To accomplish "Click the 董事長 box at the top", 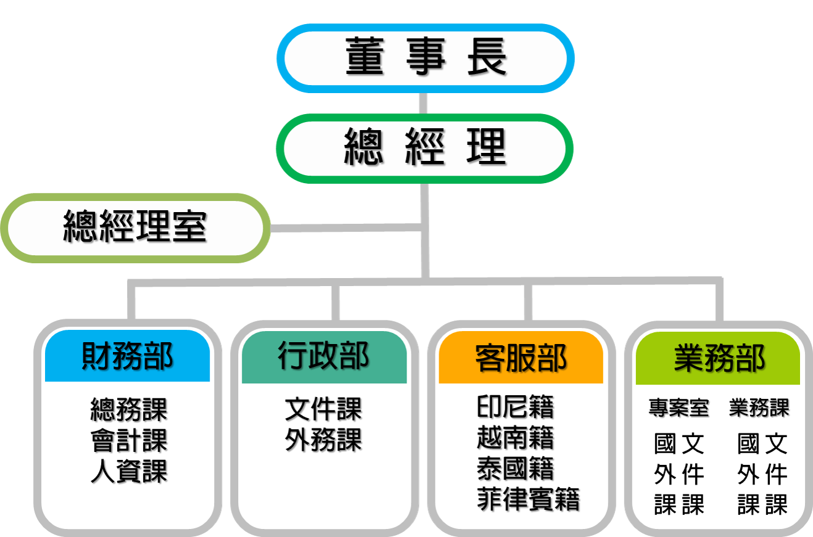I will click(x=425, y=58).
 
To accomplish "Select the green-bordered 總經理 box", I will click(x=425, y=148).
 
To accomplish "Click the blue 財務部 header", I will click(x=128, y=356).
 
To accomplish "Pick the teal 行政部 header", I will click(x=324, y=356).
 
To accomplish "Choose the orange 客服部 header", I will click(x=521, y=358).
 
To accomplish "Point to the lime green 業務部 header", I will click(x=718, y=358).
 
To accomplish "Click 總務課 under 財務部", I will click(x=129, y=409).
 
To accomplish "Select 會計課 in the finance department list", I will click(x=129, y=441).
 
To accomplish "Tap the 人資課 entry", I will click(x=129, y=472).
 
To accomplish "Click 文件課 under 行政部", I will click(x=323, y=409).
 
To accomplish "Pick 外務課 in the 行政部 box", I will click(x=323, y=440).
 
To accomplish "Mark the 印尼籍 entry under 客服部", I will click(x=516, y=407).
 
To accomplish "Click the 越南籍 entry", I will click(x=516, y=438).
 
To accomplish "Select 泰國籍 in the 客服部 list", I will click(x=516, y=469).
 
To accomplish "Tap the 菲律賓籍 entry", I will click(x=529, y=499).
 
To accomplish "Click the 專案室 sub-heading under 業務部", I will click(x=679, y=408).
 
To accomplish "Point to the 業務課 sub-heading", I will click(x=759, y=408).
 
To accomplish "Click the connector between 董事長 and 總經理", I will click(x=423, y=103).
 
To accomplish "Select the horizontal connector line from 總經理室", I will click(x=345, y=228).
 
